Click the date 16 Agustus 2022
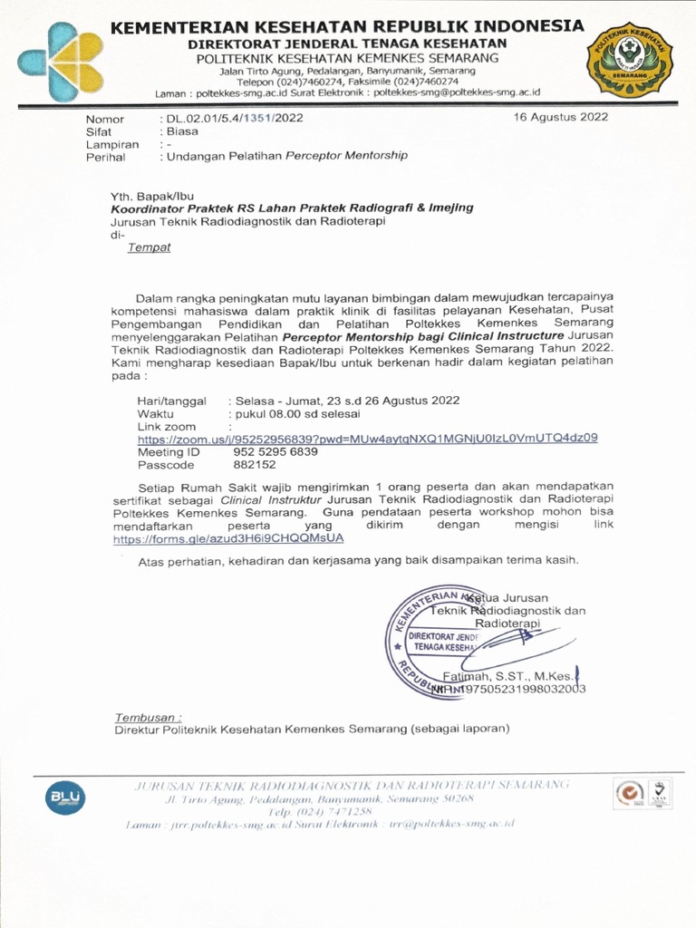click(x=560, y=117)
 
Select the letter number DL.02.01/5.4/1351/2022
click(x=233, y=118)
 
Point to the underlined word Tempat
click(x=148, y=246)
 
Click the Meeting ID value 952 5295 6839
click(x=275, y=451)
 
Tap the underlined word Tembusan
click(x=148, y=716)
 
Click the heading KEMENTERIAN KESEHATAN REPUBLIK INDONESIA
click(x=347, y=26)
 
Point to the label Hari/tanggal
click(x=171, y=401)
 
